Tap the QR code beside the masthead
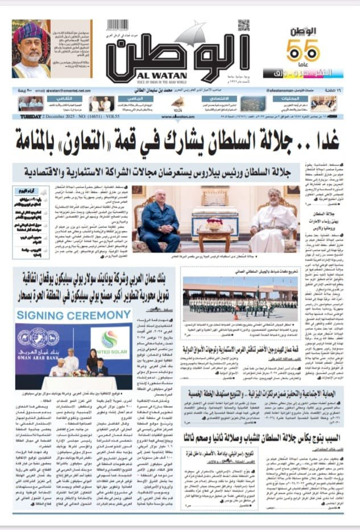pos(243,26)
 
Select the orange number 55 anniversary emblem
pos(303,51)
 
